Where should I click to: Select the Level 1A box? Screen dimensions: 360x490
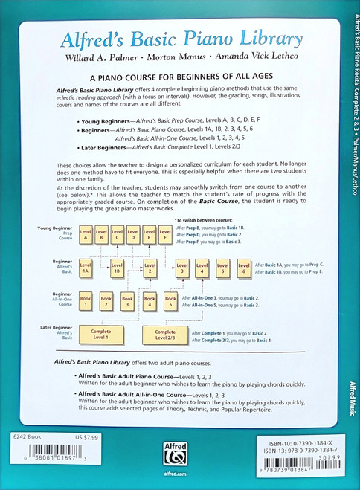(x=86, y=268)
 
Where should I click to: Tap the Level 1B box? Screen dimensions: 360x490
(x=118, y=268)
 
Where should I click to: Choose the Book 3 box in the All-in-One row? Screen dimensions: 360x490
(x=128, y=302)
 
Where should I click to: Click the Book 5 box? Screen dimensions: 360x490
(x=170, y=302)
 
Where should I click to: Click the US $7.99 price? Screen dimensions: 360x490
(x=65, y=437)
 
